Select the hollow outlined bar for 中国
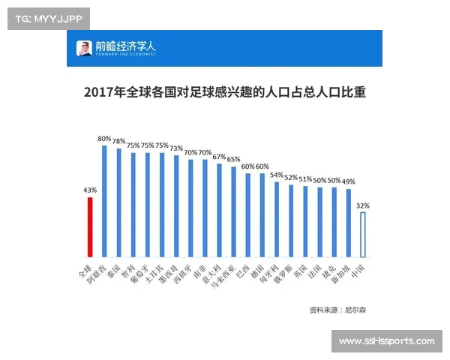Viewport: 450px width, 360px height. (363, 235)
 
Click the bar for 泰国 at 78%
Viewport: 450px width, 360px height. (118, 202)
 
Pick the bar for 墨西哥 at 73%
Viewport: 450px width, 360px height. (176, 206)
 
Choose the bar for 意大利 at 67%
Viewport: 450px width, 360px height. (219, 211)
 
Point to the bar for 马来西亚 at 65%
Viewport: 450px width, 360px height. (233, 212)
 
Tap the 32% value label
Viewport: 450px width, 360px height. (363, 205)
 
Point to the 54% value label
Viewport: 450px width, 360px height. (277, 175)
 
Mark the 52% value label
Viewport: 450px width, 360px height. (291, 178)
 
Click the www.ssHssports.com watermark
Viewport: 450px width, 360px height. (386, 341)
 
